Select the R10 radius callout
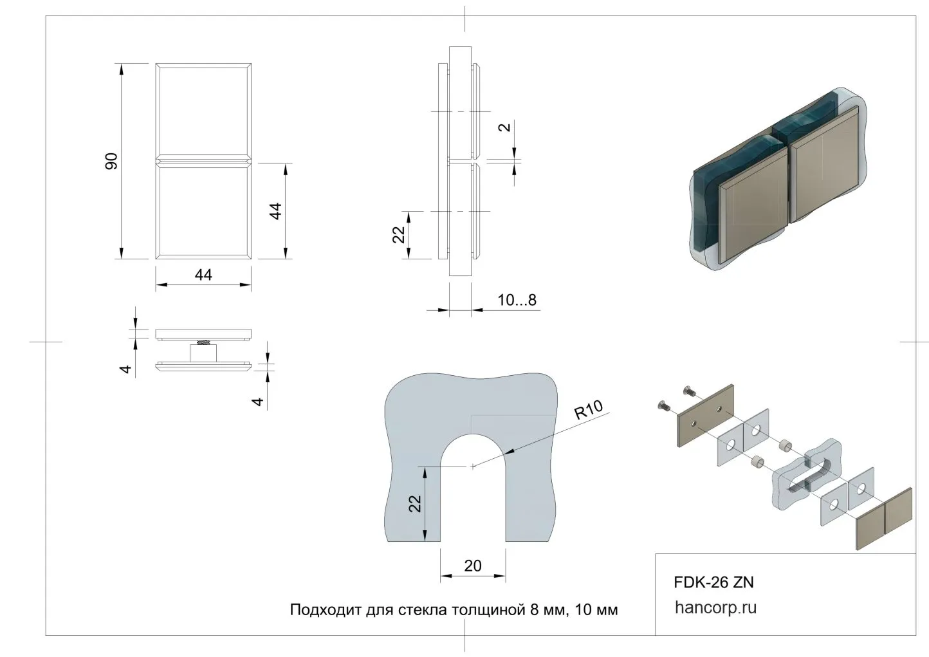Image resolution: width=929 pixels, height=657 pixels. (x=588, y=410)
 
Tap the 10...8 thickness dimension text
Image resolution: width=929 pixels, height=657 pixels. (x=517, y=300)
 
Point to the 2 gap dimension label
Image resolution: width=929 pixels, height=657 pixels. (x=506, y=126)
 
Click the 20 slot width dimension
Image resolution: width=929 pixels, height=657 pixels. (x=472, y=566)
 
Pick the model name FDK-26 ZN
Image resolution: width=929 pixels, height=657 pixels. (x=713, y=582)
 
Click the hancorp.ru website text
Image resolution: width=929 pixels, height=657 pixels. (x=715, y=607)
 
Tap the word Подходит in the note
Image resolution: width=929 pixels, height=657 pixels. (x=324, y=609)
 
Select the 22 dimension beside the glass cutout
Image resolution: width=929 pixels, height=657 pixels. (x=416, y=503)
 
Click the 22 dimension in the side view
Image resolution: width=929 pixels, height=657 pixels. (x=399, y=235)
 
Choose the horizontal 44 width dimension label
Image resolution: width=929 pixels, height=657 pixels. (x=203, y=275)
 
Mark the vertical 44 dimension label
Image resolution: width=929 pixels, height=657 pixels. (x=275, y=211)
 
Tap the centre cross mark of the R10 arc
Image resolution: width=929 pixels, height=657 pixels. (x=473, y=467)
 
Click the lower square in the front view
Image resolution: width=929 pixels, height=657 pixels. (x=203, y=210)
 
